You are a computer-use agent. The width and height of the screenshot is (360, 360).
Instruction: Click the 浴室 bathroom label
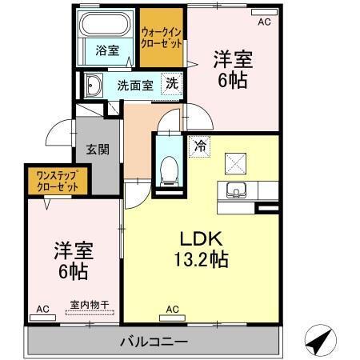[x=106, y=50]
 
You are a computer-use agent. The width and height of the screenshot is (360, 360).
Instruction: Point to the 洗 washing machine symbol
[x=171, y=82]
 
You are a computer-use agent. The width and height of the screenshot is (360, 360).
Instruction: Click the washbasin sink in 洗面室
[x=92, y=84]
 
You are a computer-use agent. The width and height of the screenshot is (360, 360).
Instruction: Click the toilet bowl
[x=168, y=169]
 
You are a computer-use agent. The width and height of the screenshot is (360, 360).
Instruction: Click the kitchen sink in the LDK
[x=235, y=190]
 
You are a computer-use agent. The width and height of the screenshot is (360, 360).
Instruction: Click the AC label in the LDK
[x=172, y=309]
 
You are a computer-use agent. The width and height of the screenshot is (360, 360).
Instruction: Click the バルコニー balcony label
[x=152, y=342]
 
